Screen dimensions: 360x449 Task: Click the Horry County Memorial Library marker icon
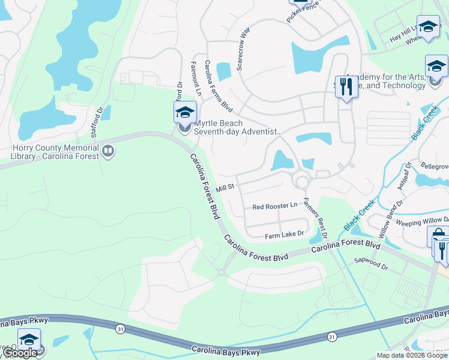[108, 151]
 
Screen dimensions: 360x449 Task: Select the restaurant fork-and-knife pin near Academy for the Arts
[345, 87]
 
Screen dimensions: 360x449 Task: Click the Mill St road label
[224, 188]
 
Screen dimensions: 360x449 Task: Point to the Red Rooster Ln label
[274, 206]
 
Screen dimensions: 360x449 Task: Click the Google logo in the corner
[20, 353]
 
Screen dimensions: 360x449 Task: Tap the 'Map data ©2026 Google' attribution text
[412, 355]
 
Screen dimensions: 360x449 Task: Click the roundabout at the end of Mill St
[301, 181]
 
